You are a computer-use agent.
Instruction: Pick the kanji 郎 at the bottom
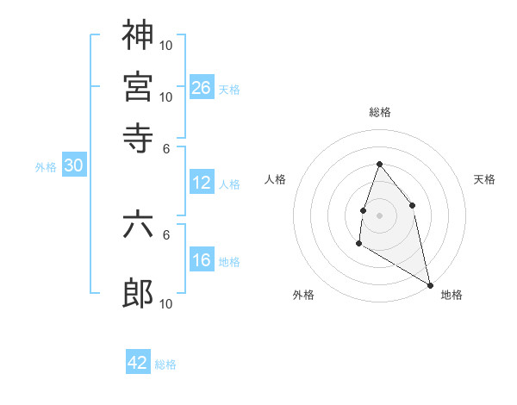[x=138, y=294]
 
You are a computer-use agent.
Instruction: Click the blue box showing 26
[x=202, y=87]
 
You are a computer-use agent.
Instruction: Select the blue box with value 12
[x=202, y=182]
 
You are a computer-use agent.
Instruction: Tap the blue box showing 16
[x=202, y=259]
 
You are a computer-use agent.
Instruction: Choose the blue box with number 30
[x=73, y=165]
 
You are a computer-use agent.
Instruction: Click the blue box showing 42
[x=138, y=363]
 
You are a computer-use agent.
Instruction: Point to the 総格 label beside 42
[x=165, y=364]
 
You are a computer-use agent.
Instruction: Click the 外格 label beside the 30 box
[x=46, y=167]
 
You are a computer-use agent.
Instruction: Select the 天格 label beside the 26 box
[x=229, y=89]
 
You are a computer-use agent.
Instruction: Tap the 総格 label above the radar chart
[x=379, y=112]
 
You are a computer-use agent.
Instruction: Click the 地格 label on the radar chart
[x=452, y=295]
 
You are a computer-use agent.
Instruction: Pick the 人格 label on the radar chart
[x=276, y=179]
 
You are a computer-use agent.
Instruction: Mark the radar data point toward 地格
[x=431, y=284]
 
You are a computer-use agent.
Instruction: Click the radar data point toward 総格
[x=379, y=164]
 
